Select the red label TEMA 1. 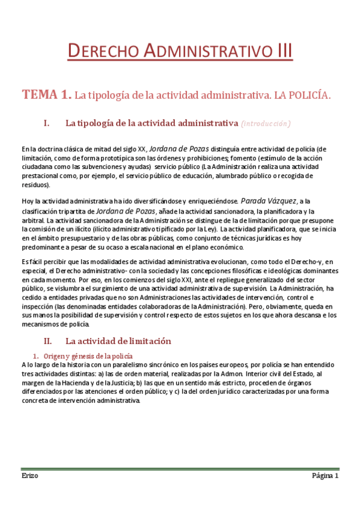[46, 94]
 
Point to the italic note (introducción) [266, 124]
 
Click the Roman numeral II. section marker [49, 341]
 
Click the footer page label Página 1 [325, 475]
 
